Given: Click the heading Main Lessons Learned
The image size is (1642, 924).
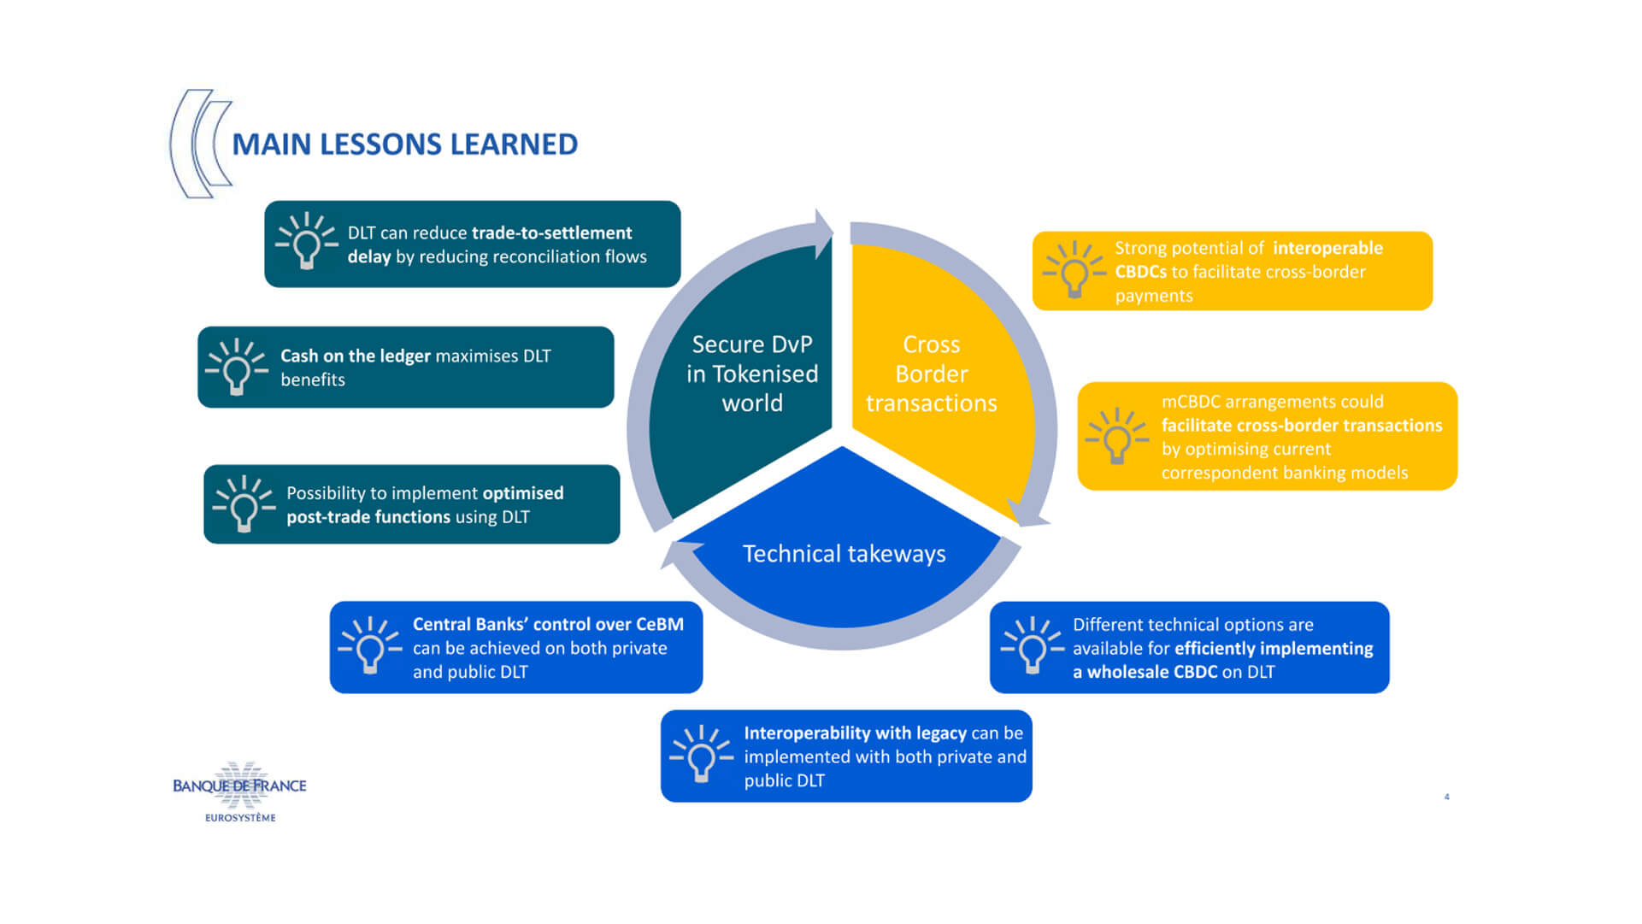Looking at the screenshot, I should [404, 144].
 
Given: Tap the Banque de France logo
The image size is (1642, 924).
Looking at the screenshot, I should [239, 791].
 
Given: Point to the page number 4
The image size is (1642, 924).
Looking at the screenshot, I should [1446, 797].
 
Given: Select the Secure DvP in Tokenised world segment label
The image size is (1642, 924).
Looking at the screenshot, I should [752, 374].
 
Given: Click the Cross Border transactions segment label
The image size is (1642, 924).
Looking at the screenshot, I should [931, 374].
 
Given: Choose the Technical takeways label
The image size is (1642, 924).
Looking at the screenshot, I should [844, 554].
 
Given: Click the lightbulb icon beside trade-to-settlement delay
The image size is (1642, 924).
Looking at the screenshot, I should [306, 242].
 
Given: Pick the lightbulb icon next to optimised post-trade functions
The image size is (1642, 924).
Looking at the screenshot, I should [244, 504].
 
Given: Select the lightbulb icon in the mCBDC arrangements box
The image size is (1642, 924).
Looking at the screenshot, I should [1116, 436].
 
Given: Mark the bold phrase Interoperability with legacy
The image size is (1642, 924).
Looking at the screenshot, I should [855, 733].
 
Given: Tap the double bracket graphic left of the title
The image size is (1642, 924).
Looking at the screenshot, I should [202, 144].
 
